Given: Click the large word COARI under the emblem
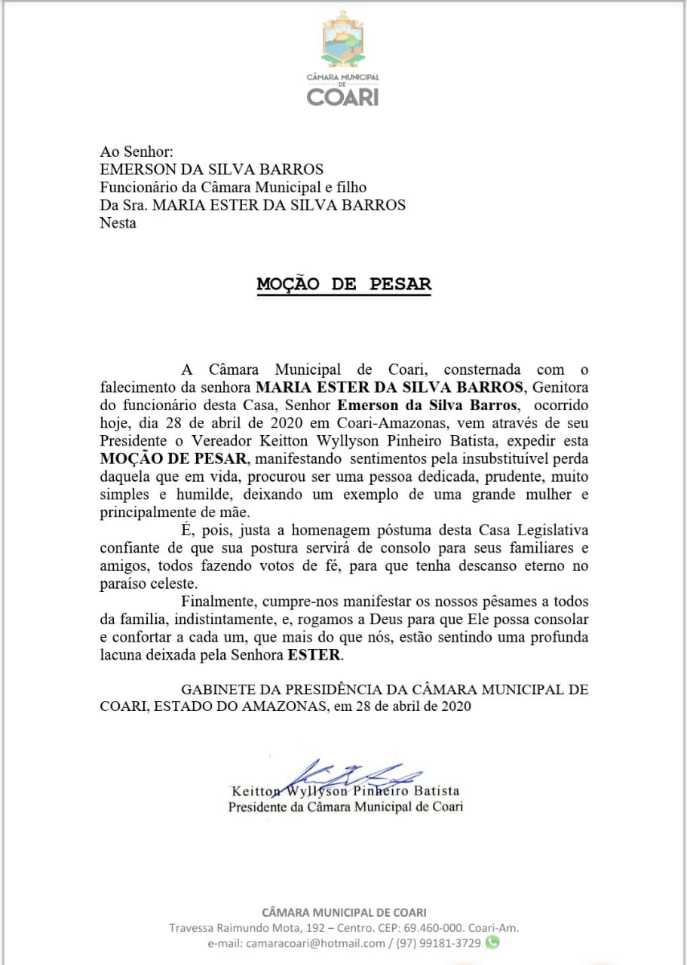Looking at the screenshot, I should (x=343, y=96).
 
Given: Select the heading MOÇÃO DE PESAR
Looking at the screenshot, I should (x=344, y=284).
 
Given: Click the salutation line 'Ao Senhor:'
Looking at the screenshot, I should (x=136, y=152).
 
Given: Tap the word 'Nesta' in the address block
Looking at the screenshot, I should (x=118, y=223).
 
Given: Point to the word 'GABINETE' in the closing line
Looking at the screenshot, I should (x=219, y=689).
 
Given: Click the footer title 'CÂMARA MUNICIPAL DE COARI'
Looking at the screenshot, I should (x=344, y=913).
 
